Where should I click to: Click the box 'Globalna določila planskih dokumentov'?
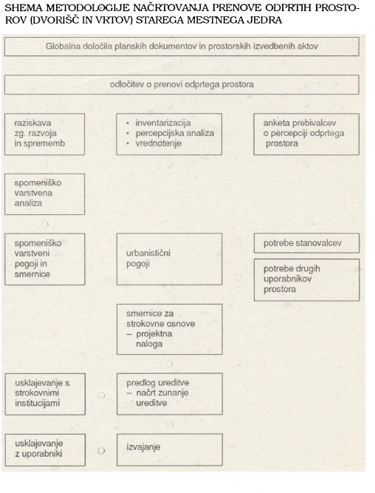(x=182, y=47)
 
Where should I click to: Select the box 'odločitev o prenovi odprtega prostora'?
(x=182, y=84)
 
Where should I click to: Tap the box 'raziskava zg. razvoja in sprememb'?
(x=44, y=134)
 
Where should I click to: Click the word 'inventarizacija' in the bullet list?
(x=163, y=123)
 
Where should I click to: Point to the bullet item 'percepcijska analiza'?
(x=175, y=133)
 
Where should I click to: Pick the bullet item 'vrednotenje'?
(x=158, y=143)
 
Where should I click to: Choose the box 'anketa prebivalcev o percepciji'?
(x=306, y=134)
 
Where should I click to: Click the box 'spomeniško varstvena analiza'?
(x=44, y=194)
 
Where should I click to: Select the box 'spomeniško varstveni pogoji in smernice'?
(x=45, y=259)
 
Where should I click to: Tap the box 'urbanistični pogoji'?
(x=169, y=259)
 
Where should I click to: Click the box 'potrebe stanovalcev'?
(x=306, y=243)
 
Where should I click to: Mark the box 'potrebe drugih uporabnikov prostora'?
(x=306, y=280)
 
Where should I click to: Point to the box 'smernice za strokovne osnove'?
(x=170, y=329)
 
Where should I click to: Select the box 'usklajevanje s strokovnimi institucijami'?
(x=45, y=394)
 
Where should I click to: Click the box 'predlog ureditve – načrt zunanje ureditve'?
(x=170, y=394)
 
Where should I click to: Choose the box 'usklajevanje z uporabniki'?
(x=45, y=450)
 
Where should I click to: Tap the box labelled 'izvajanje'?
(x=170, y=449)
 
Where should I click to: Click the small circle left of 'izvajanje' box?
(x=101, y=451)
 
